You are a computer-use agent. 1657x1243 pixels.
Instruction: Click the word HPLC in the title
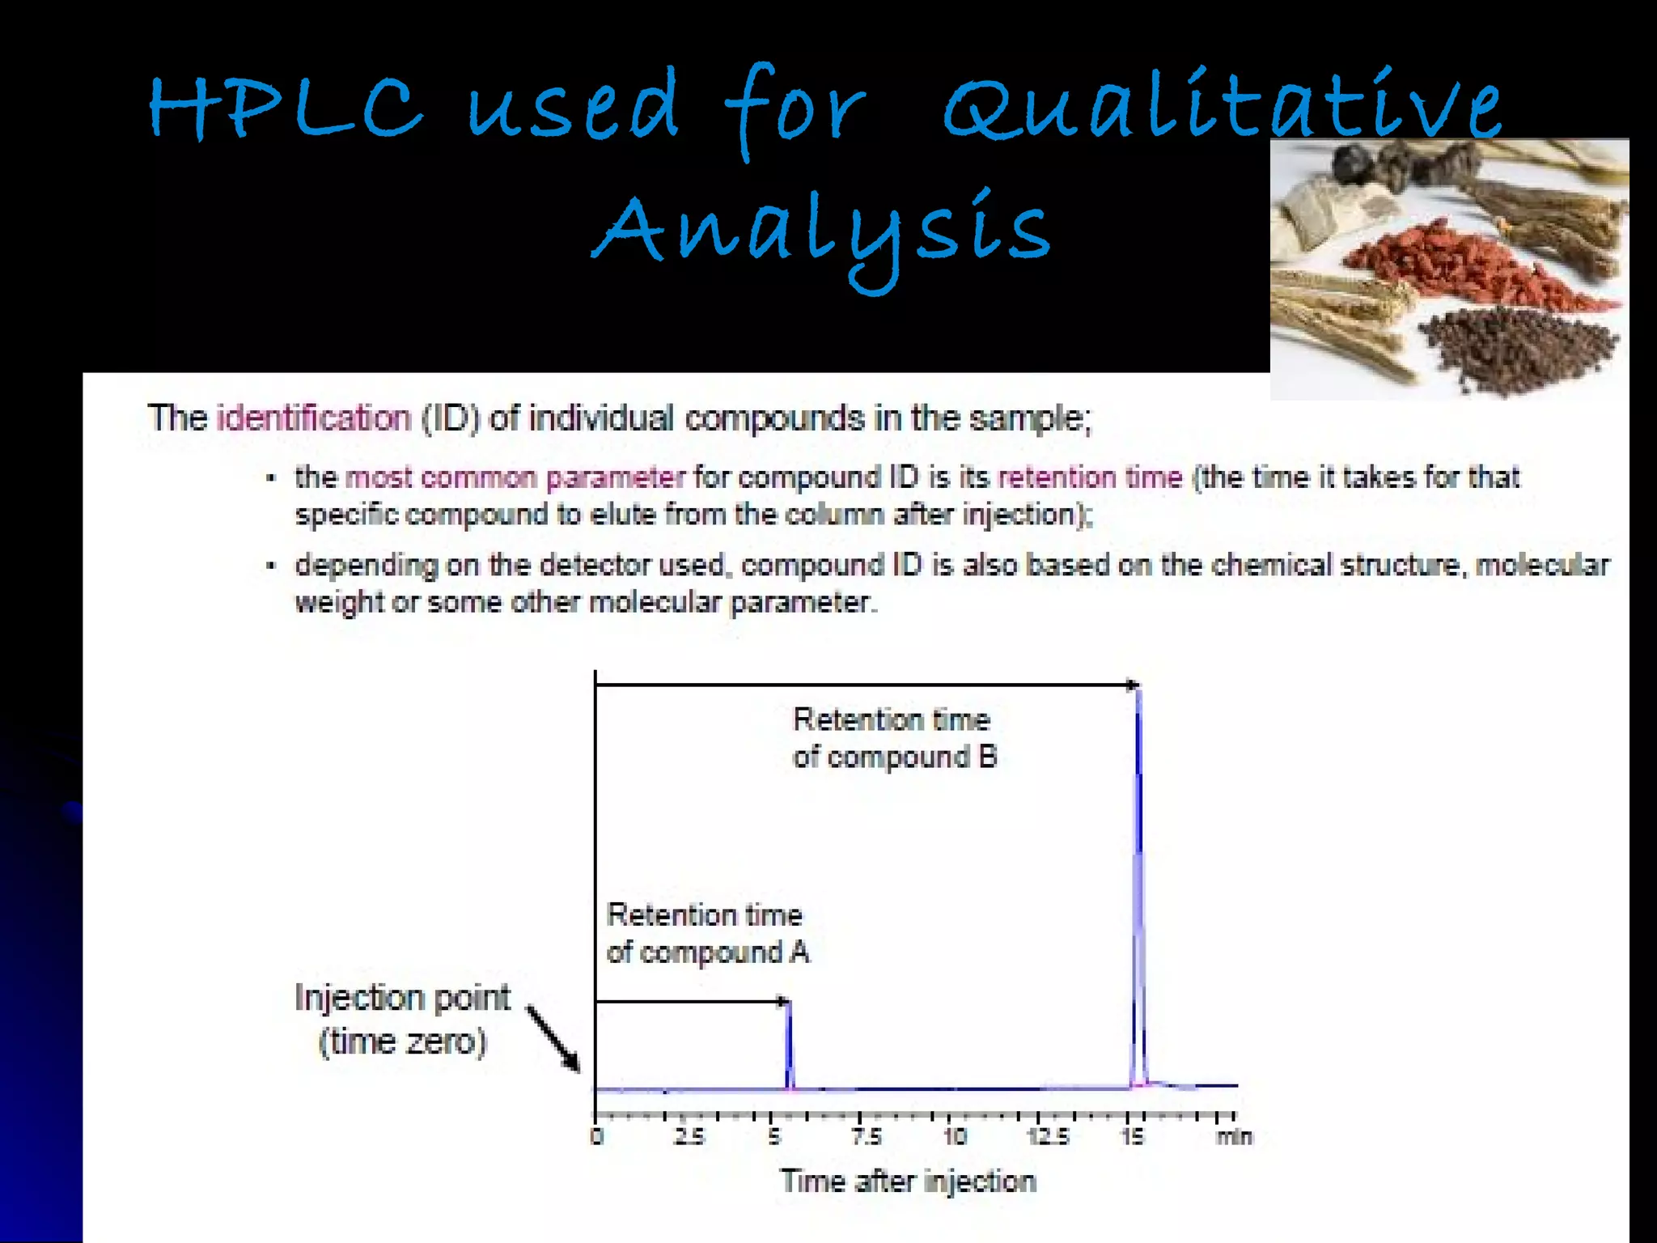tap(285, 109)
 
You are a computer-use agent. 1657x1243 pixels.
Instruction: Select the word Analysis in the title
tap(821, 231)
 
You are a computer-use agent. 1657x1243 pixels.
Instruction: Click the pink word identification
tap(314, 418)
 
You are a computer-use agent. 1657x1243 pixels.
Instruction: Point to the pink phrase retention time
tap(1090, 477)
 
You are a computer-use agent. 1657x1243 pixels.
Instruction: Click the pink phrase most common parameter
tap(515, 477)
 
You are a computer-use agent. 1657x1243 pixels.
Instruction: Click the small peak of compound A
tap(790, 1044)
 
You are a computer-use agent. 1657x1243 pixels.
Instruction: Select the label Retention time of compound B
tap(894, 738)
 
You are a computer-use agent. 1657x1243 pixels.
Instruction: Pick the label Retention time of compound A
tap(707, 933)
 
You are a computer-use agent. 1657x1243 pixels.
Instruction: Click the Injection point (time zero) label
tap(402, 1019)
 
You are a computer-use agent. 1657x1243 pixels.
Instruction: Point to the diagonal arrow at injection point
tap(554, 1038)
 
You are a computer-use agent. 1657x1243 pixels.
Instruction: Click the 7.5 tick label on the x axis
tap(867, 1137)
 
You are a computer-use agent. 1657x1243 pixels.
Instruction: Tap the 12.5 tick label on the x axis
tap(1049, 1137)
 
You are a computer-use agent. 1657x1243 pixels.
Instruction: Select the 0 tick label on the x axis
tap(597, 1137)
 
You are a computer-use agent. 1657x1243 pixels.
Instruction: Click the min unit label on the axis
tap(1234, 1137)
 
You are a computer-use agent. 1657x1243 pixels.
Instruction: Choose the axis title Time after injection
tap(908, 1181)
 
